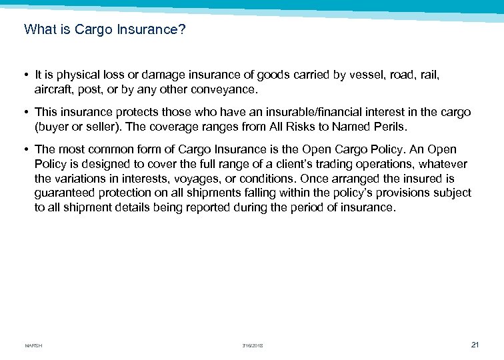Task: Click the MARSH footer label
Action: tap(33, 345)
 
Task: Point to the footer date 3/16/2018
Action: tap(253, 345)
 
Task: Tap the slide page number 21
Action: tap(475, 344)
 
